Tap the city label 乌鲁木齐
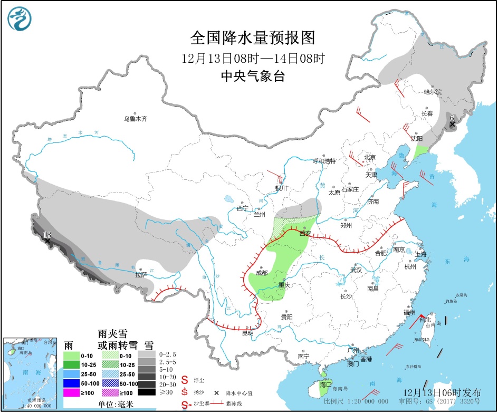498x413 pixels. [x=136, y=119]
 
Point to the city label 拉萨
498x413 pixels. [x=141, y=275]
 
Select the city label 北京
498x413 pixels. [x=369, y=158]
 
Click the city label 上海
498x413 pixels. [x=421, y=254]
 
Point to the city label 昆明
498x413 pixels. [x=247, y=333]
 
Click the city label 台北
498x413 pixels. [x=425, y=320]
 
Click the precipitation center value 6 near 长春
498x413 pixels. [x=452, y=117]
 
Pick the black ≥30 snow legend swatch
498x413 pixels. [x=148, y=392]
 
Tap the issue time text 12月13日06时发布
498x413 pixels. [x=442, y=393]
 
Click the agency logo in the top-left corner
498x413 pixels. [x=20, y=20]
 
